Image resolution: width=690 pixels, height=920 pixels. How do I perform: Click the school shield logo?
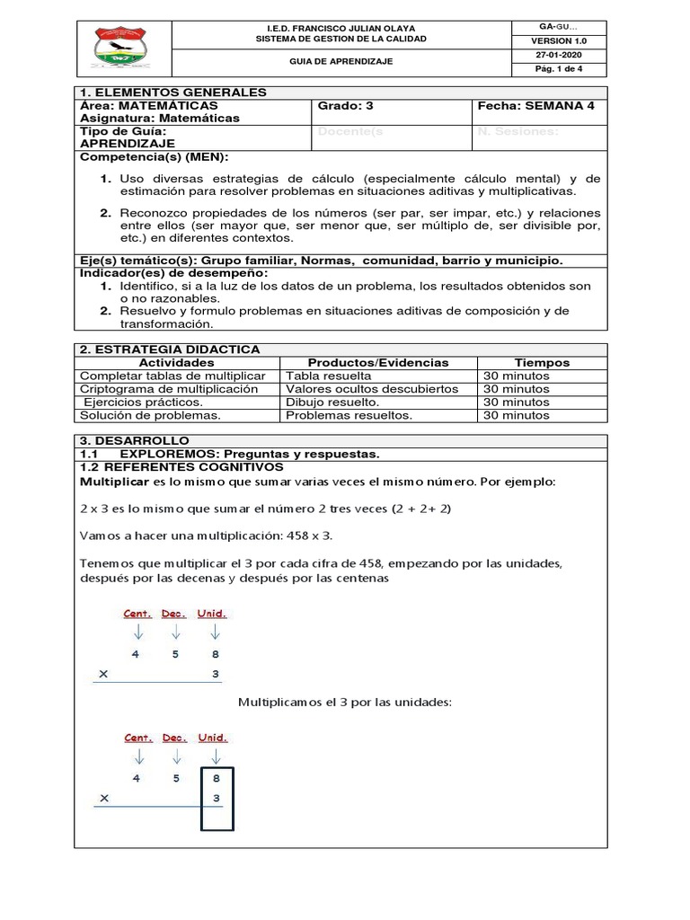121,51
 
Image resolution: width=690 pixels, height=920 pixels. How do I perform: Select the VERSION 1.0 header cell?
558,40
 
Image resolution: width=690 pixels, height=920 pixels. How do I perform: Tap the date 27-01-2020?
558,55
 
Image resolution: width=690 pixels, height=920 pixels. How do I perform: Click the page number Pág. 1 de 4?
558,69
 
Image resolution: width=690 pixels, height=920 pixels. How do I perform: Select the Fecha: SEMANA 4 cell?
535,105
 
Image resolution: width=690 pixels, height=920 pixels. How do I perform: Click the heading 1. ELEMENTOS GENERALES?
173,92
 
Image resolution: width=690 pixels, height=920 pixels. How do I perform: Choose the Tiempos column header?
542,362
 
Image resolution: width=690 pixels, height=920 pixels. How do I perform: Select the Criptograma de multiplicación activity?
169,389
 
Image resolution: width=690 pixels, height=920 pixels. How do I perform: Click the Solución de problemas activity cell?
150,415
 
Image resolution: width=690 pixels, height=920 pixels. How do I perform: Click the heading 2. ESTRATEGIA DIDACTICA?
170,349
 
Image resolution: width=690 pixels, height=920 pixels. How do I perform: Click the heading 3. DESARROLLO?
135,441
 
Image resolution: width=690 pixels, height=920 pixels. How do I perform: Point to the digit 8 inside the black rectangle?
216,778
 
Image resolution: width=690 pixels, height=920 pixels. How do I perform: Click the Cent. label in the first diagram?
137,615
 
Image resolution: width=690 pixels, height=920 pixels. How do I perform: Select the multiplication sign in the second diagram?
105,797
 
